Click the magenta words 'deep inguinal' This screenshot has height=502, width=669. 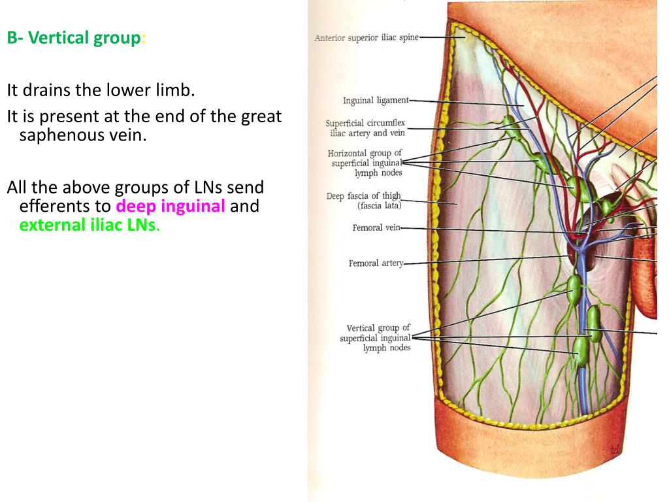(x=171, y=206)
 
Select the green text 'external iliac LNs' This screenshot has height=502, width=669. (x=88, y=225)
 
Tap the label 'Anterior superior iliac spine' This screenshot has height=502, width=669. (x=367, y=37)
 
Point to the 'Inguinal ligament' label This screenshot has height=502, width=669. (x=376, y=100)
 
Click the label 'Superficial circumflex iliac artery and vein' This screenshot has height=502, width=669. (x=365, y=128)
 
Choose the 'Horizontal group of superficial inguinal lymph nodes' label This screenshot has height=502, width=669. (x=365, y=163)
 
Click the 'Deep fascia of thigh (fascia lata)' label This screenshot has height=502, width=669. (x=364, y=201)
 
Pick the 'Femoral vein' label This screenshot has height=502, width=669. (x=376, y=227)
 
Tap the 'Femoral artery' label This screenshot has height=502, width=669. (x=376, y=263)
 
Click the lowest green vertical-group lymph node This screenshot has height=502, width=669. (x=580, y=351)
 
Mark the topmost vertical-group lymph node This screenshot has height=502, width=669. (x=574, y=290)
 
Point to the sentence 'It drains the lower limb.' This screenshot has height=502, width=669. (x=101, y=90)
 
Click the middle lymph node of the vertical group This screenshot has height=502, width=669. (x=593, y=324)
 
